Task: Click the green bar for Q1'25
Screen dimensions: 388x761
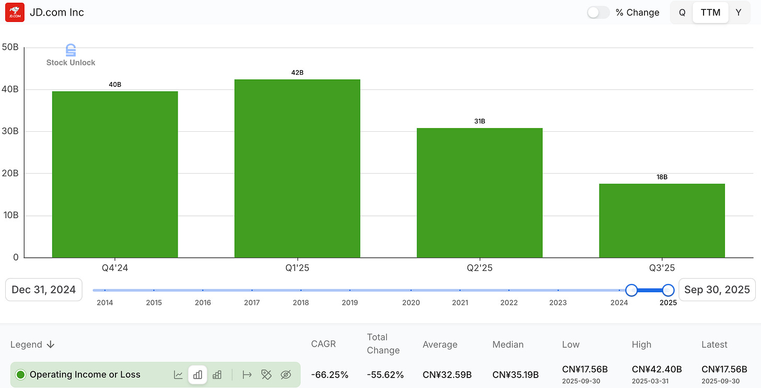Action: (297, 168)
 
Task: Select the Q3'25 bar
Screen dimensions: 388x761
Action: (662, 220)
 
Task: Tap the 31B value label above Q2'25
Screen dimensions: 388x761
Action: (479, 121)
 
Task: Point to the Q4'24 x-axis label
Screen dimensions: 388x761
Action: (115, 268)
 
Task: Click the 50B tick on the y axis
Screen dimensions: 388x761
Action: (10, 47)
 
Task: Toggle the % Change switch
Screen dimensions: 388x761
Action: (598, 13)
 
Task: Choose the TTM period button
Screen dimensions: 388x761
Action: (710, 13)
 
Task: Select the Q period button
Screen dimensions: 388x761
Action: (682, 13)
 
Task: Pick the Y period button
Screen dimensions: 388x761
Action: (738, 13)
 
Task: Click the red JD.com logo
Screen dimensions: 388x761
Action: (14, 13)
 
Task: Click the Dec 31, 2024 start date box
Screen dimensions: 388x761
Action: (44, 290)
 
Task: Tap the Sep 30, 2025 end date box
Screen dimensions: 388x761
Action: (717, 290)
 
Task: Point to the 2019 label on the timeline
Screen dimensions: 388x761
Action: (350, 303)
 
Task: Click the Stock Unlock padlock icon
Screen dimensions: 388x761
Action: (71, 50)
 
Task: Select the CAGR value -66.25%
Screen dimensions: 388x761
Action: (329, 374)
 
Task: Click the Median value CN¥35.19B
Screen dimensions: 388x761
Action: (515, 374)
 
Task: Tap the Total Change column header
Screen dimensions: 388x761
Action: (383, 344)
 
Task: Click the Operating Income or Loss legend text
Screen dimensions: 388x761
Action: (85, 374)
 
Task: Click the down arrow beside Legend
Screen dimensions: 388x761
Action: (51, 345)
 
